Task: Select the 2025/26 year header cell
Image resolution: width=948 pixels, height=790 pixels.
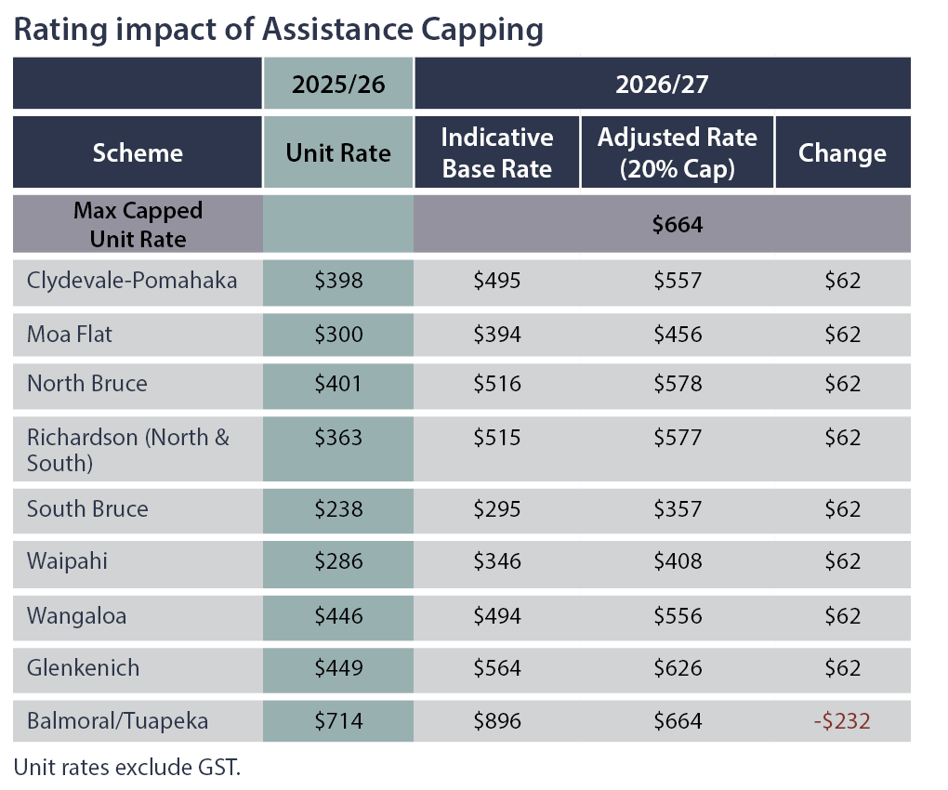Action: pyautogui.click(x=338, y=84)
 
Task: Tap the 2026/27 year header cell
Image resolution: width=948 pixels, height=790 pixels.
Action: pyautogui.click(x=662, y=84)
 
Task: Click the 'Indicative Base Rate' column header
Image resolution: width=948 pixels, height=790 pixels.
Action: pyautogui.click(x=497, y=152)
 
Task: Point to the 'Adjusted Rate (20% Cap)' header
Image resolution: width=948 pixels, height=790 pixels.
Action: pyautogui.click(x=678, y=152)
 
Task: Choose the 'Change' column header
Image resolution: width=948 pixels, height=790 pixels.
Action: pyautogui.click(x=842, y=153)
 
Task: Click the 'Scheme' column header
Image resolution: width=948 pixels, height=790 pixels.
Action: pyautogui.click(x=138, y=153)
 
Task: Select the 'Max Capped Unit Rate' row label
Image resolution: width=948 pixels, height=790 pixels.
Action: pyautogui.click(x=138, y=225)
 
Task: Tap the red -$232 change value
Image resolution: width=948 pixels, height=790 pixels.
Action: pyautogui.click(x=842, y=720)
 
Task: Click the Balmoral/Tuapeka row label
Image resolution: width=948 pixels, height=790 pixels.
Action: pyautogui.click(x=117, y=720)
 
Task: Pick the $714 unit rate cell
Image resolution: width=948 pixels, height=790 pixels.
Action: pyautogui.click(x=338, y=720)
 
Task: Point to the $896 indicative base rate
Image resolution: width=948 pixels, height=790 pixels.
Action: pyautogui.click(x=497, y=720)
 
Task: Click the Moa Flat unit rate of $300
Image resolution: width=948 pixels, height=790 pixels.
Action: pyautogui.click(x=338, y=334)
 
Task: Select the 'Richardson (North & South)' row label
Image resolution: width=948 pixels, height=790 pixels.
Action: pyautogui.click(x=128, y=449)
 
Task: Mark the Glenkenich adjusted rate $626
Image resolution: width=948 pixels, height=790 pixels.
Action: pyautogui.click(x=678, y=667)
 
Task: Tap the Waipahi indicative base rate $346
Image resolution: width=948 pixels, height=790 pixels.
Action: pyautogui.click(x=497, y=561)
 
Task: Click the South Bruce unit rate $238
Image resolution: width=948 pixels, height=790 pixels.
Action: pyautogui.click(x=338, y=509)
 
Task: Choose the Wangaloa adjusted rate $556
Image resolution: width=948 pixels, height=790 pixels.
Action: pyautogui.click(x=678, y=615)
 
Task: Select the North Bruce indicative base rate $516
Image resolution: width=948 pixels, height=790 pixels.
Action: pyautogui.click(x=497, y=384)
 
